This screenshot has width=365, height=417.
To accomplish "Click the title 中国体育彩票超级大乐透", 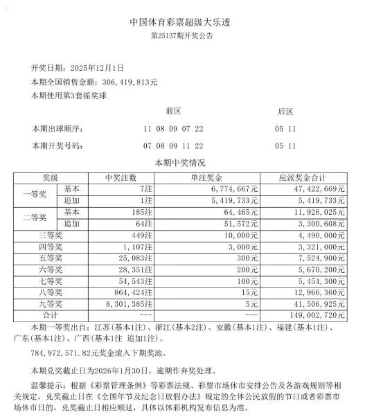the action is (182, 21).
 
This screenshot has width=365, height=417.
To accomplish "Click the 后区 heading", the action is (285, 112).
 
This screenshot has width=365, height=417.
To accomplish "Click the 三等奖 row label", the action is (51, 235).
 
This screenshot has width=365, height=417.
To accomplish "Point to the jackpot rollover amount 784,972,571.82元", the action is (64, 353).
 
